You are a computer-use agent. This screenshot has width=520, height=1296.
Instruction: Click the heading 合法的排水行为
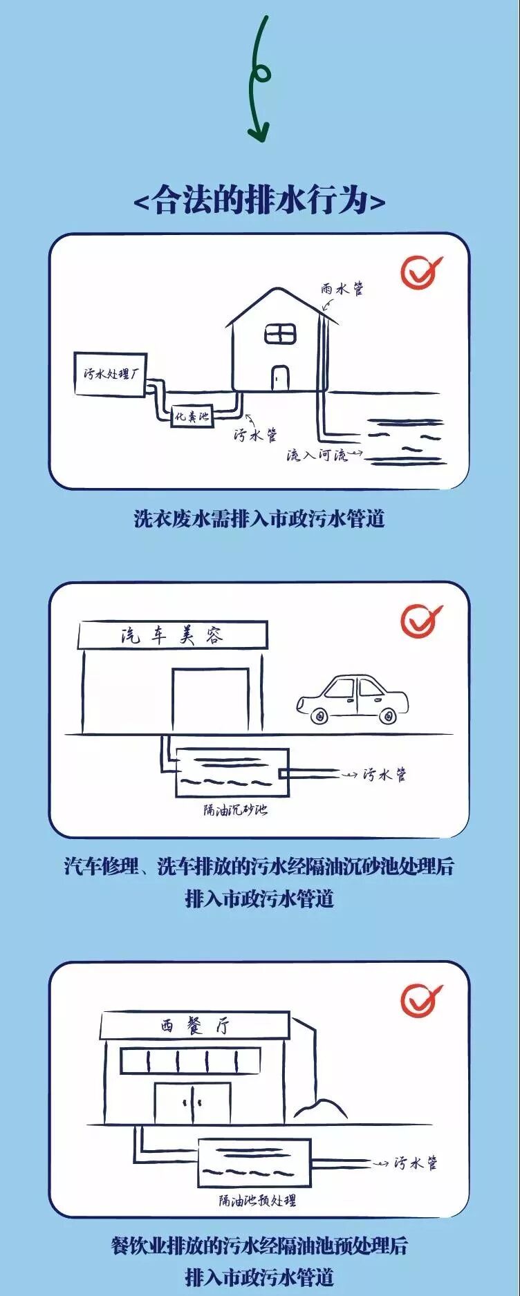(259, 201)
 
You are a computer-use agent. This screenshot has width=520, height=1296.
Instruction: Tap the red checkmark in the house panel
(420, 272)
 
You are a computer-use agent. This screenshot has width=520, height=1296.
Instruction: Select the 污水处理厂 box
(111, 375)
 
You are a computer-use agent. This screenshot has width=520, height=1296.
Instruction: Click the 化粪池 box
(192, 416)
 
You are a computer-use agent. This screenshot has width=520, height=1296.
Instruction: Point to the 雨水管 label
(343, 290)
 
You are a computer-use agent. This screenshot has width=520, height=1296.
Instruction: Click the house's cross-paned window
(280, 334)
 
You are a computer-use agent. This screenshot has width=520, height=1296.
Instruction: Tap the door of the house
(280, 378)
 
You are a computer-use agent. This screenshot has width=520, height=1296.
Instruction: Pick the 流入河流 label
(317, 456)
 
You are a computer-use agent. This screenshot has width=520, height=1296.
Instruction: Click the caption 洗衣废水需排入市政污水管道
(259, 518)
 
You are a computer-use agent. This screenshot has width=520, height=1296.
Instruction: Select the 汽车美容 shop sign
(172, 635)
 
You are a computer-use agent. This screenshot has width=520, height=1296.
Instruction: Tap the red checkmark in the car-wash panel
(420, 620)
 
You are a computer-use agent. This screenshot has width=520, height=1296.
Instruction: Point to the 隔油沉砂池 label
(235, 809)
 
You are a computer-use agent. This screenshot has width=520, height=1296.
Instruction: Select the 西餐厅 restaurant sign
(194, 1026)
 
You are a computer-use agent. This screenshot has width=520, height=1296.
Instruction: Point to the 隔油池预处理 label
(257, 1201)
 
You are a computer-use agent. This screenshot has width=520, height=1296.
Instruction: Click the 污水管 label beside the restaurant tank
(416, 1163)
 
